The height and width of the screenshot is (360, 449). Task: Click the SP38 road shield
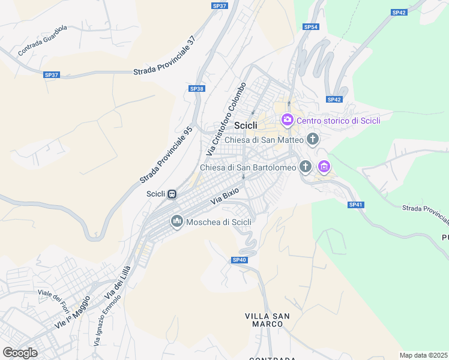(197, 88)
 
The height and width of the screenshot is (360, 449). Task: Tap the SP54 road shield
(310, 27)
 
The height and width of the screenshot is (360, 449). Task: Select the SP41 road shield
(356, 205)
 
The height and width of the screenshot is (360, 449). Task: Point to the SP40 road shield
(239, 260)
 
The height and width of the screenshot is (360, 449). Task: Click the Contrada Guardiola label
(43, 40)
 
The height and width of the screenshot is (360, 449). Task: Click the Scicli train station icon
(172, 194)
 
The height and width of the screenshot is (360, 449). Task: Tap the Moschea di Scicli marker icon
(176, 222)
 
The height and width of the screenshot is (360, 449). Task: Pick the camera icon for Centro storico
(287, 121)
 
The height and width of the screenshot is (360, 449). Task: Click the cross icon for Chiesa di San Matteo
(312, 140)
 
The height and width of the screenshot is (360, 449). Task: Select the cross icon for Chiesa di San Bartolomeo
(306, 167)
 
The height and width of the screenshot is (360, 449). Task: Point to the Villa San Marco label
(268, 320)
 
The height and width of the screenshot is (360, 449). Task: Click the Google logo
(20, 353)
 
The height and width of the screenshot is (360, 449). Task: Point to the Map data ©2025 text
(423, 355)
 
